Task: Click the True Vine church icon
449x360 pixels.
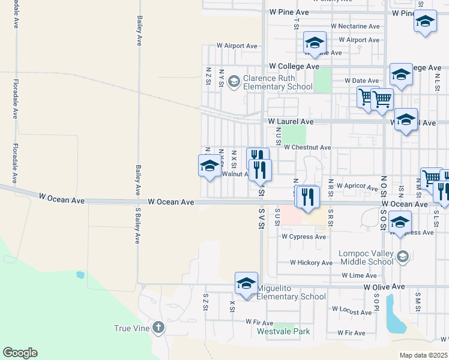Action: click(157, 328)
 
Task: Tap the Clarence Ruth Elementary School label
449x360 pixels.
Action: click(278, 82)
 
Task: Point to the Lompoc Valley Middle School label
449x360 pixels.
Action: click(366, 257)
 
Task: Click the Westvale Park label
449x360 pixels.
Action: click(283, 331)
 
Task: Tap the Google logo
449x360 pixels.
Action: click(20, 353)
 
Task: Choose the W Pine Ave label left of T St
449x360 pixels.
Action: click(289, 12)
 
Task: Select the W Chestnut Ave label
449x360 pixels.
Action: click(307, 148)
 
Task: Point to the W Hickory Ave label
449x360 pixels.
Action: click(311, 263)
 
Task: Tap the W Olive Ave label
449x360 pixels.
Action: click(384, 287)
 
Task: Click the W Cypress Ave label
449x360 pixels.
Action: click(304, 237)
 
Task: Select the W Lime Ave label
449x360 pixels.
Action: click(359, 275)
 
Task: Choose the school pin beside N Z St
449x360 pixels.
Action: click(209, 166)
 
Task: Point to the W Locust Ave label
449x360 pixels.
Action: click(352, 313)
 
